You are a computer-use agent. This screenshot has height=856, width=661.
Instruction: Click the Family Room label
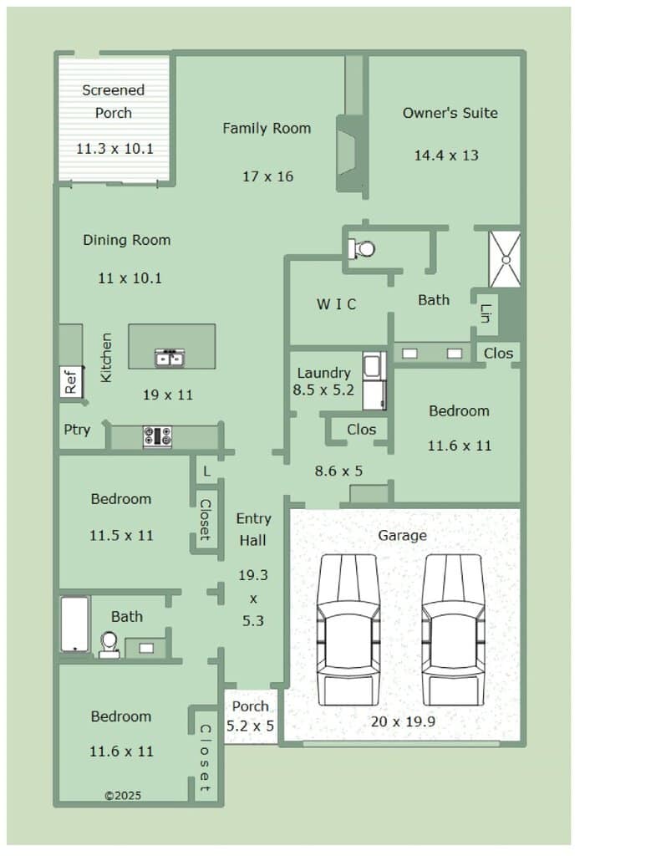pyautogui.click(x=267, y=128)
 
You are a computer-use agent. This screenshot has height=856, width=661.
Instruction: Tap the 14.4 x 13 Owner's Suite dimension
pyautogui.click(x=446, y=155)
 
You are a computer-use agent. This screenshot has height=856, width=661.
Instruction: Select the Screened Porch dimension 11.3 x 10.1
pyautogui.click(x=114, y=149)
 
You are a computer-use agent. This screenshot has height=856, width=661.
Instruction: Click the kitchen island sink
pyautogui.click(x=170, y=358)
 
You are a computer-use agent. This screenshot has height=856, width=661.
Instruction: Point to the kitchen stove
pyautogui.click(x=158, y=436)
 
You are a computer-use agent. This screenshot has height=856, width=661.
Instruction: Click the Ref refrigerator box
pyautogui.click(x=71, y=381)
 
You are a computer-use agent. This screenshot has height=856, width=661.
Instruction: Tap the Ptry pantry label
pyautogui.click(x=77, y=431)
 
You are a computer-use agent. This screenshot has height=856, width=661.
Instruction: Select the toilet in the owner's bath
pyautogui.click(x=362, y=249)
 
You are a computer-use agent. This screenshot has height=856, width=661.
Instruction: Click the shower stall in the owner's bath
pyautogui.click(x=505, y=259)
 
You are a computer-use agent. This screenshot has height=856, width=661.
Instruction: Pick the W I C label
pyautogui.click(x=336, y=304)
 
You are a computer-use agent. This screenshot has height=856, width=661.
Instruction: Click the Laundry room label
pyautogui.click(x=323, y=373)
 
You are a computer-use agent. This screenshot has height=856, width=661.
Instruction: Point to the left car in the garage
pyautogui.click(x=348, y=630)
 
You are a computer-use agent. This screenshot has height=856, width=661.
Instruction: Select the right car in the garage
pyautogui.click(x=454, y=630)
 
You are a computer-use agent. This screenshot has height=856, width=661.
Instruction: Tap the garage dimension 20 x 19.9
pyautogui.click(x=403, y=721)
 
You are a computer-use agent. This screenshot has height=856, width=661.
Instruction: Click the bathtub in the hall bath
pyautogui.click(x=74, y=624)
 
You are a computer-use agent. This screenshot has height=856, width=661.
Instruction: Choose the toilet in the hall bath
pyautogui.click(x=109, y=645)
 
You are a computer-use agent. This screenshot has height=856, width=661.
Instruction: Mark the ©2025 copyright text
pyautogui.click(x=123, y=796)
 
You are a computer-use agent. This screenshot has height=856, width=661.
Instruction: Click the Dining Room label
pyautogui.click(x=127, y=240)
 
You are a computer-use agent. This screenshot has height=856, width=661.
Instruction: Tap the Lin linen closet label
pyautogui.click(x=486, y=313)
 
